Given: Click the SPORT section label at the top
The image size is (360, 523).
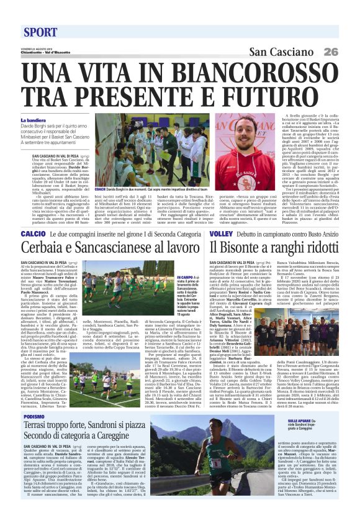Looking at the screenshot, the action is pos(40,32).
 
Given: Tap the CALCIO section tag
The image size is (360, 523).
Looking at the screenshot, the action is pos(31,234).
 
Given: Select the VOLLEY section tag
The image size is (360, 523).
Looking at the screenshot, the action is pos(201,234).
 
